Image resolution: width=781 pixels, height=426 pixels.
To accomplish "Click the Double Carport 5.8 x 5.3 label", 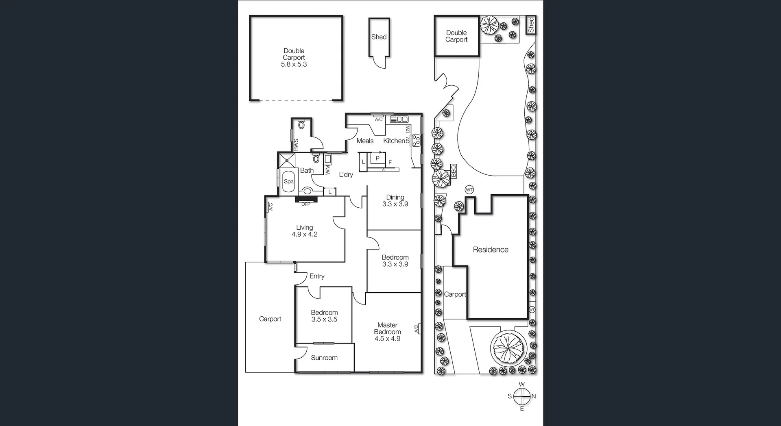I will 294,58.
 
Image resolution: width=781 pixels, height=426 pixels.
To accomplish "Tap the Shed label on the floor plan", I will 379,37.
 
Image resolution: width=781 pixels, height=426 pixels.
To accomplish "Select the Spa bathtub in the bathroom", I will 288,182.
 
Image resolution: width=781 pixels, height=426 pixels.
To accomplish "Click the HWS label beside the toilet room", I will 296,145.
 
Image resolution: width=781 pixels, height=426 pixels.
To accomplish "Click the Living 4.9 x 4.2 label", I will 304,231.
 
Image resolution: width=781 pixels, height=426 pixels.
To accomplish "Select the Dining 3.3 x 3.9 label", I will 395,201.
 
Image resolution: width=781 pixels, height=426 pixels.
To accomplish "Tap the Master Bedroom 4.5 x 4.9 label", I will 387,332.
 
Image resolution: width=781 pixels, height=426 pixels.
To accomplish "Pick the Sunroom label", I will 324,358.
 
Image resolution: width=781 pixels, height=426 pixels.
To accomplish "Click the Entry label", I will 317,276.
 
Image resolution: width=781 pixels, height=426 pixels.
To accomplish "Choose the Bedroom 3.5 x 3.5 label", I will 324,316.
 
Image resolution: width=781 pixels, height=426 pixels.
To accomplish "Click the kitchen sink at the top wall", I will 399,119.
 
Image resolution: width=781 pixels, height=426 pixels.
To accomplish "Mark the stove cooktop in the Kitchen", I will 416,141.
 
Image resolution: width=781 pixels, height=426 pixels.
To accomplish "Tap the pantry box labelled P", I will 377,159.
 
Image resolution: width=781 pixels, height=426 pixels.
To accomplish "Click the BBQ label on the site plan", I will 454,172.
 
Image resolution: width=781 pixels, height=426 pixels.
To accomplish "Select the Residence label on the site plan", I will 491,250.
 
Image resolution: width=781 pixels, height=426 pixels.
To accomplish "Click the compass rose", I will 522,396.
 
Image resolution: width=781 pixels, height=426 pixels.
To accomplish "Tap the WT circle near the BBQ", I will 469,190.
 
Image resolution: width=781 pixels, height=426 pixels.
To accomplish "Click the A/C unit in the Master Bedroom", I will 417,328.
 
